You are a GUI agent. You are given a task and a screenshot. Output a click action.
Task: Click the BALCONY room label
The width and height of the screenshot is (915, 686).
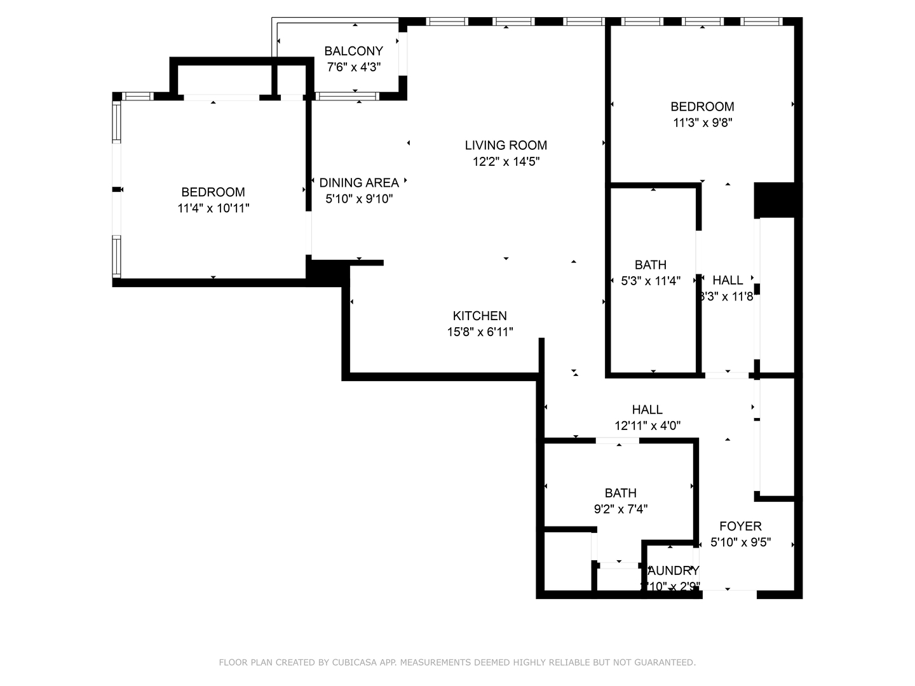(x=353, y=51)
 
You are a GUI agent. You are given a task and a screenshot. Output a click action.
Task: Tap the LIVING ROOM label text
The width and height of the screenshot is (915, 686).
(x=506, y=145)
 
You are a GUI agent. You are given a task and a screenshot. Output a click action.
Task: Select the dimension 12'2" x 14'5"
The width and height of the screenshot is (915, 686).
(x=506, y=161)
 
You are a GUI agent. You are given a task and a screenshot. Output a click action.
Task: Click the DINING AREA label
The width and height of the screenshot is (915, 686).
(x=359, y=182)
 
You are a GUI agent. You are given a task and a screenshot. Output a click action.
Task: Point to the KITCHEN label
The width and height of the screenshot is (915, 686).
(x=480, y=316)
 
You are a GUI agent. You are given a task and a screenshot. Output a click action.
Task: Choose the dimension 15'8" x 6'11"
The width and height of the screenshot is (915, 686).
(x=480, y=332)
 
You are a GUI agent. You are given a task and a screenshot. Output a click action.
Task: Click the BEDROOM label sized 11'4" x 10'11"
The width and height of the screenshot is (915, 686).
(x=213, y=192)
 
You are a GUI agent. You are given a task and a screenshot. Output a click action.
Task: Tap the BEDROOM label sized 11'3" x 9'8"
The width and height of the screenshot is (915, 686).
(x=702, y=106)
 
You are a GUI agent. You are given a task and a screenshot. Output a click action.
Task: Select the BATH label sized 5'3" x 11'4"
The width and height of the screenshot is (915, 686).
(x=651, y=264)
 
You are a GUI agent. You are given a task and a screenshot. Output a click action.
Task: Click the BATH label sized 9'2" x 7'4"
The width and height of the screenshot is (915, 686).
(x=621, y=493)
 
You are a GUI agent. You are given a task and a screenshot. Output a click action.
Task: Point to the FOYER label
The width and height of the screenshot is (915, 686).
(x=740, y=526)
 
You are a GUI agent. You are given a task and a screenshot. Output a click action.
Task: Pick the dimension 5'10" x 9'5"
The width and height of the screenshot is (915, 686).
(x=740, y=542)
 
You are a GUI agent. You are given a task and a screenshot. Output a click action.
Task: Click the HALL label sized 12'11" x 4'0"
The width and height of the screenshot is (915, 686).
(x=647, y=410)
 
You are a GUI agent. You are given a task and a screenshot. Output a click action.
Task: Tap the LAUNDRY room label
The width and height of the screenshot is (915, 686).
(x=674, y=570)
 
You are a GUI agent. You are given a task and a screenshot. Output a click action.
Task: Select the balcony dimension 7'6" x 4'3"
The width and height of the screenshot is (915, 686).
(x=353, y=67)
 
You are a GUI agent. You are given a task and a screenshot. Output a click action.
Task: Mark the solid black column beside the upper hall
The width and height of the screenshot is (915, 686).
(x=774, y=199)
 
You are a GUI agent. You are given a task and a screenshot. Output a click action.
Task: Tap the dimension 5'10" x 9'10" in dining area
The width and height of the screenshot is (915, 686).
(x=359, y=199)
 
